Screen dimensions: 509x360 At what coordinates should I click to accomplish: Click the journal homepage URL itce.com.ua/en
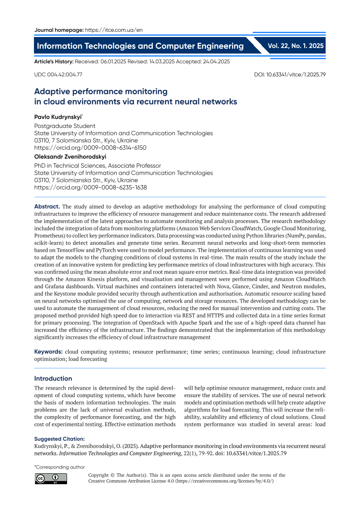coord(114,30)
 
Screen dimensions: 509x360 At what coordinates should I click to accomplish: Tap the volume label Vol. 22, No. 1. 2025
coord(296,45)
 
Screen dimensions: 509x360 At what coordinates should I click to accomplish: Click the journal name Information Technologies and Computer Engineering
coord(140,46)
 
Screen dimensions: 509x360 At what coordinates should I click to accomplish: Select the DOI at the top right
coord(290,74)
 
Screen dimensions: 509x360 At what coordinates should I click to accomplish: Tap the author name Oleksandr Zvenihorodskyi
coord(70,157)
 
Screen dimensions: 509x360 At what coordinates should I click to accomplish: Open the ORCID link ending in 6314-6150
coord(90,148)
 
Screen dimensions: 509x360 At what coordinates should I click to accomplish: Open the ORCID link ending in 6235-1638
coord(90,188)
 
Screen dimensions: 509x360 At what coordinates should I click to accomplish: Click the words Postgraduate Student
coord(64,126)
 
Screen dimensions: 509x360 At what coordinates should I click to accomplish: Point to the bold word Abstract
coord(47,206)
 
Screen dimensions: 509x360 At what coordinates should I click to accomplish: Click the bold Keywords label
coord(48,351)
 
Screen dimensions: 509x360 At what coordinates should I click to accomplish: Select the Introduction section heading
coord(53,378)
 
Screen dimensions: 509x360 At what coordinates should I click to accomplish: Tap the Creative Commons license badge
coord(51,478)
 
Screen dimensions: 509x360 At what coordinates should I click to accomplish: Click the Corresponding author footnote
coord(60,467)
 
